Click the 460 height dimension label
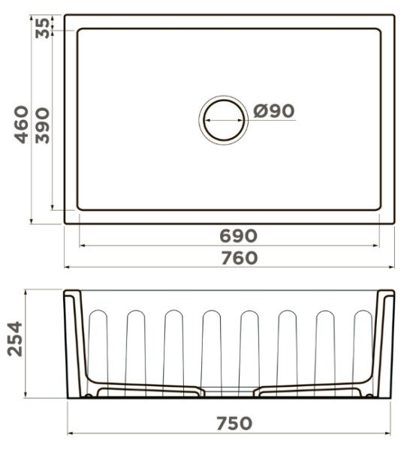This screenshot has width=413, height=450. click(22, 124)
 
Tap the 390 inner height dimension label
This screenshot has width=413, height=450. click(42, 125)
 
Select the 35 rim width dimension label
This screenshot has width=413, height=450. click(42, 28)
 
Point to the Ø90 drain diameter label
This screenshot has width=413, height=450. click(274, 111)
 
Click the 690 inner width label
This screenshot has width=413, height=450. click(238, 236)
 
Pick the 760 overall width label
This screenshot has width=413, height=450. click(239, 258)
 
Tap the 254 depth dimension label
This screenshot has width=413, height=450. click(15, 339)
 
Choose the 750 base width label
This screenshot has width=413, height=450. click(234, 423)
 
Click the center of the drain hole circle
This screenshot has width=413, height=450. click(224, 120)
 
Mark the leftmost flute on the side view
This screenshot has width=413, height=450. click(98, 353)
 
